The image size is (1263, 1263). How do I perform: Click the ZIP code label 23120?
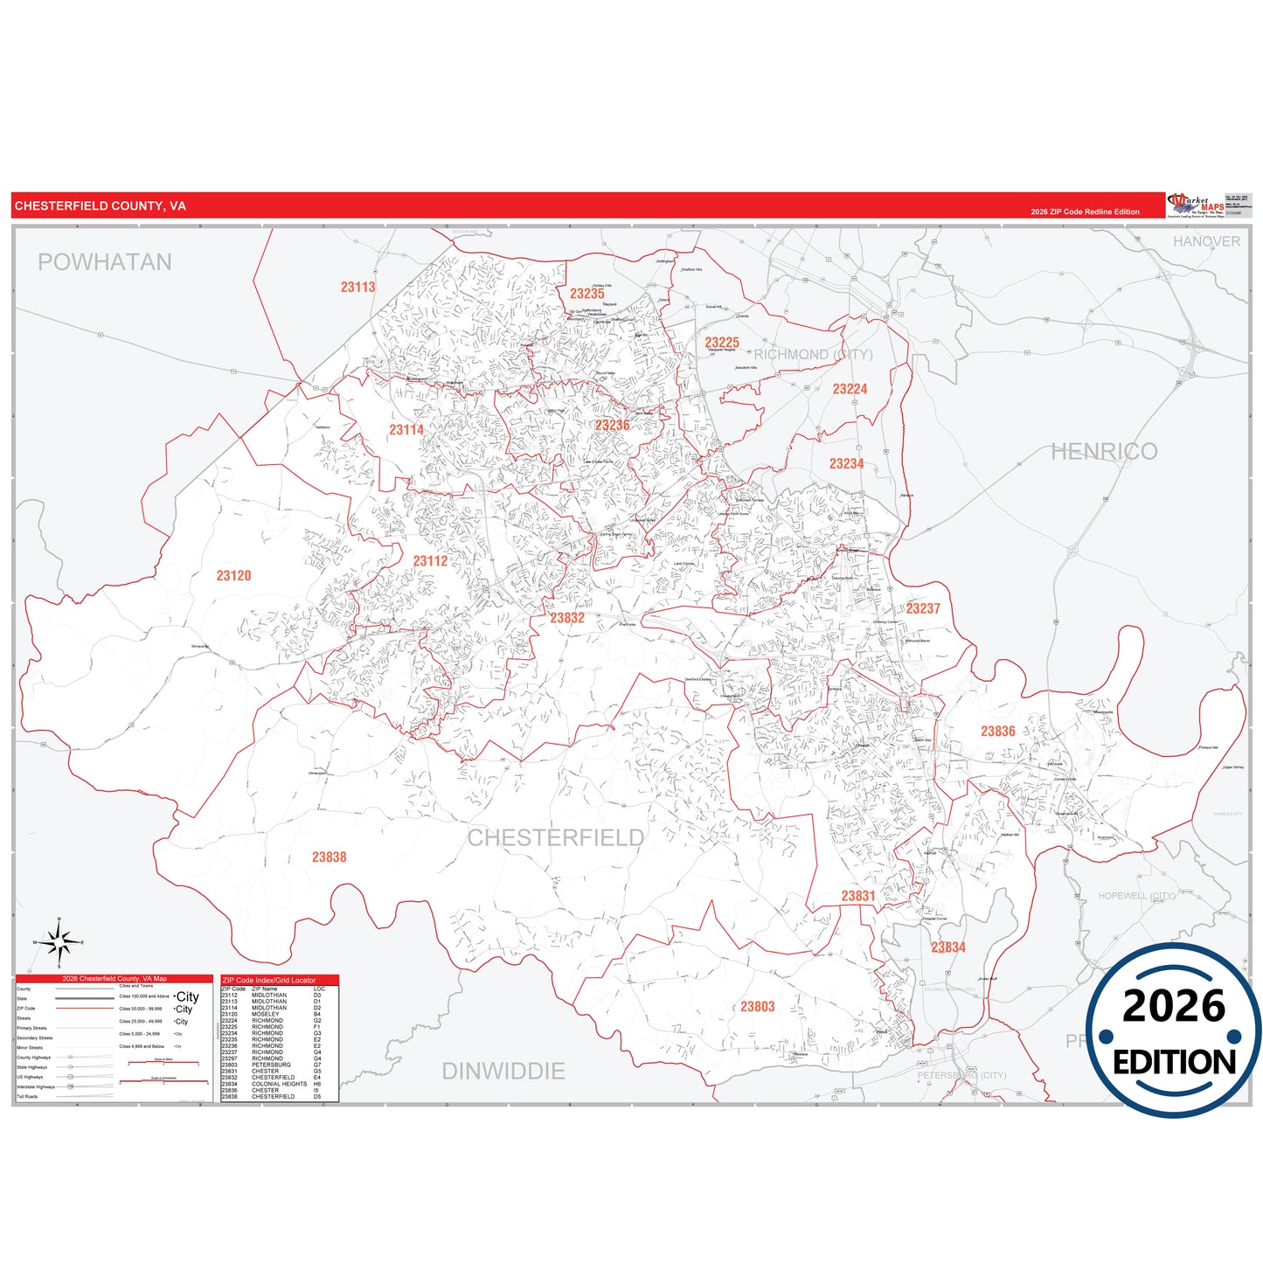[x=233, y=575]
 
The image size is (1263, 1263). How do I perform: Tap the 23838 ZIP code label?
[x=329, y=857]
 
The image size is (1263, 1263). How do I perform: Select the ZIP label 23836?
[x=997, y=731]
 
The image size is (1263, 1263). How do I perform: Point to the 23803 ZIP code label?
[x=757, y=1006]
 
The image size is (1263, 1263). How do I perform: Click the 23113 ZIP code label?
[x=357, y=287]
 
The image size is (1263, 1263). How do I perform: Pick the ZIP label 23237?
[x=922, y=608]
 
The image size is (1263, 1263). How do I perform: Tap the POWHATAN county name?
[x=104, y=262]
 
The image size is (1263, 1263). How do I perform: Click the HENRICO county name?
[x=1103, y=451]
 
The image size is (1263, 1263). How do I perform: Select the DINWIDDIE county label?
[x=503, y=1071]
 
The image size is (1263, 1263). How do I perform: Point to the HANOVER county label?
[x=1205, y=241]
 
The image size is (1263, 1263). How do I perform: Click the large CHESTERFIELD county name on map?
[x=555, y=837]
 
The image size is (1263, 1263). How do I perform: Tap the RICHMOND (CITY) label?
[x=813, y=354]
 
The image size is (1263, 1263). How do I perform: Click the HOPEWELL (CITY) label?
[x=1136, y=896]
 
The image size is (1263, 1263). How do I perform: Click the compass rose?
[x=59, y=943]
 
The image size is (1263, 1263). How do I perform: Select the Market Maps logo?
[x=1196, y=205]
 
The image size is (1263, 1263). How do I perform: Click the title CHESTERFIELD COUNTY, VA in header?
[x=100, y=206]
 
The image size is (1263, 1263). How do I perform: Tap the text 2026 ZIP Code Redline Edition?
[x=1085, y=212]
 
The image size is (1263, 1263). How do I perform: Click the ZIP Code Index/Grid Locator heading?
[x=269, y=980]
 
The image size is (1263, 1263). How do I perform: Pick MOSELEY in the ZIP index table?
[x=266, y=1014]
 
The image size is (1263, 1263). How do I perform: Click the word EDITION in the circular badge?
[x=1173, y=1062]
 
